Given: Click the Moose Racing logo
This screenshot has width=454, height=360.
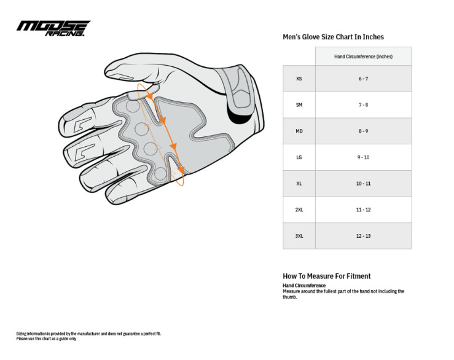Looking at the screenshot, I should click(53, 28).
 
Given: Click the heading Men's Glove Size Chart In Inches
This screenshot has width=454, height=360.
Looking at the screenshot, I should click(333, 37).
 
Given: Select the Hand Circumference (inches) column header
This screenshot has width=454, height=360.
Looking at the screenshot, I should click(363, 57).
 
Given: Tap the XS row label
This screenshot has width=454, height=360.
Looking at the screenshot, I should click(299, 79).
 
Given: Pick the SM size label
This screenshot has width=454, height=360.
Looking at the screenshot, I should click(299, 105).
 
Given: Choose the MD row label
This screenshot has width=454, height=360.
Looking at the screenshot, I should click(299, 131).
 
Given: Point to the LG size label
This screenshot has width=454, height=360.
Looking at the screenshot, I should click(299, 157).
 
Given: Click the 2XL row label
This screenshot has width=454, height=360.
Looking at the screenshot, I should click(299, 210).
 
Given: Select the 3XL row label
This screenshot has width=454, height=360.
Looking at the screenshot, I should click(299, 236).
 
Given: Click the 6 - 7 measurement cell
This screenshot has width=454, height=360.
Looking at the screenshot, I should click(363, 79).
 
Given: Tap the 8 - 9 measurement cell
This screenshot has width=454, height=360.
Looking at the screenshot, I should click(363, 131).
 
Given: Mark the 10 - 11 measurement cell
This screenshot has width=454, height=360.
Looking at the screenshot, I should click(363, 184).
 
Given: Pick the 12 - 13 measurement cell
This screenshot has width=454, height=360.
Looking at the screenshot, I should click(363, 236).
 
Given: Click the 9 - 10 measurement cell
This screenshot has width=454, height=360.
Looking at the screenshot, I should click(363, 157).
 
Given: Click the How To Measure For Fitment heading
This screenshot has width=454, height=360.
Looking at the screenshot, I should click(326, 276).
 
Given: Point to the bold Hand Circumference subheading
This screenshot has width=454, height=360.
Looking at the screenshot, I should click(304, 286).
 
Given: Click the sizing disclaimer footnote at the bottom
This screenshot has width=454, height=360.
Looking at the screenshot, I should click(88, 336).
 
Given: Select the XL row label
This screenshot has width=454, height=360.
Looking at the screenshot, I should click(299, 184).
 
